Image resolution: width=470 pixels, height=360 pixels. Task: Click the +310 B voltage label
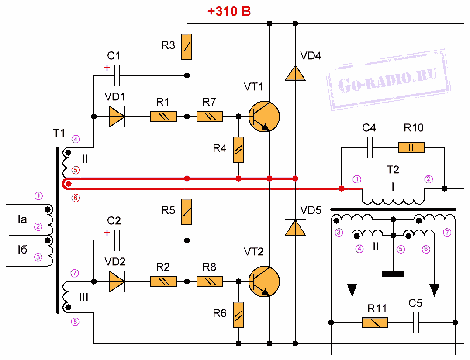229,11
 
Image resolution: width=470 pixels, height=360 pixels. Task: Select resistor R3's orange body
187,47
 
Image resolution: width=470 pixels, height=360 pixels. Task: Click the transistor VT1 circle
264,117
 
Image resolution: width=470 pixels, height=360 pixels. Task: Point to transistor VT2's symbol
264,281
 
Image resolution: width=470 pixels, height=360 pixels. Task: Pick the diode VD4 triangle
295,73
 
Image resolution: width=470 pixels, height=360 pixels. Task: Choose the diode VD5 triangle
295,227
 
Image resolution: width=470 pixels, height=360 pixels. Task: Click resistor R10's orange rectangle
411,147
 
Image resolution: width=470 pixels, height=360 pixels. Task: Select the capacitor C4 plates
370,147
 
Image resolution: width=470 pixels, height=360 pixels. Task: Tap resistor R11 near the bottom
375,322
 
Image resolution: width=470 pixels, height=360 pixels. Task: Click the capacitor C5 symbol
416,322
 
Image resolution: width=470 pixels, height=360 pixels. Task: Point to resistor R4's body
238,150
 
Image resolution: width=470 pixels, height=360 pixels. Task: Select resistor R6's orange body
238,315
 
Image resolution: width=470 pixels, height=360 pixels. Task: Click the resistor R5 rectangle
187,212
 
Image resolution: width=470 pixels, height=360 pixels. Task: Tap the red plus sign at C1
107,68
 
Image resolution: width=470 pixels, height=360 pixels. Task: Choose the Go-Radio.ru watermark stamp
389,79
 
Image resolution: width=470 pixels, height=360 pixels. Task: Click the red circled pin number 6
76,198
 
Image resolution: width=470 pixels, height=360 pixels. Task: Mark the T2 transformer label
393,169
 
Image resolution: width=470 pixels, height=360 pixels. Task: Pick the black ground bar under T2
393,274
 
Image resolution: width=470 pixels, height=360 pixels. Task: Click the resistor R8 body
210,281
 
